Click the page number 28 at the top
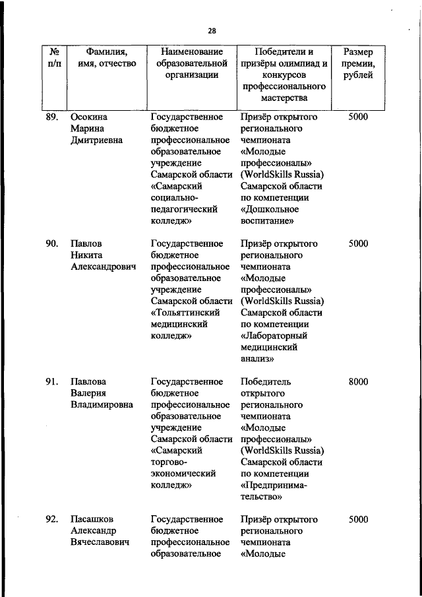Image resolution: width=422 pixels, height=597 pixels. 212,30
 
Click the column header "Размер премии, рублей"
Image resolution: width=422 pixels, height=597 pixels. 359,63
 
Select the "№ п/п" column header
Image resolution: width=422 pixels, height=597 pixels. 55,57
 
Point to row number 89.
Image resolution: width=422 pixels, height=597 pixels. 53,117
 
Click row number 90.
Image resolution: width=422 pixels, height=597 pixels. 53,243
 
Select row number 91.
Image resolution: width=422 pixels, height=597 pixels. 53,381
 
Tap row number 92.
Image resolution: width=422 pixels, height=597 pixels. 53,519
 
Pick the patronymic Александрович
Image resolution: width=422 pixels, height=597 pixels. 103,267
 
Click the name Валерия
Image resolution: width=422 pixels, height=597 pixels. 91,393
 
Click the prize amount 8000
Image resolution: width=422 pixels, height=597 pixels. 358,381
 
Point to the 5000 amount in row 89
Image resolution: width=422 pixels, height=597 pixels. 358,117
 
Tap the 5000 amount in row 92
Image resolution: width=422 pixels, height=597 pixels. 358,519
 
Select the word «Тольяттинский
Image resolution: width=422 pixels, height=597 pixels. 185,313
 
